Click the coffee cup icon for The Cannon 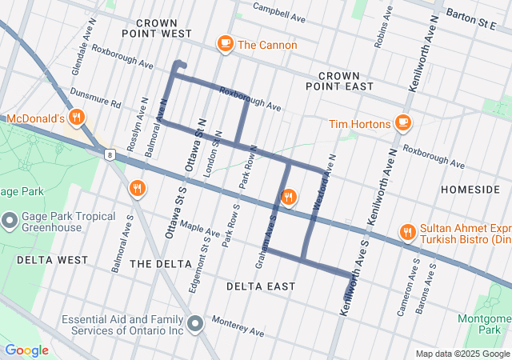point(225,45)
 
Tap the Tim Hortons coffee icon point(402,123)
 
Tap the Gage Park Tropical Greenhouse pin point(10,220)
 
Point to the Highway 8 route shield point(108,154)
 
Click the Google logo point(26,350)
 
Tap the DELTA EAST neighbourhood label point(260,286)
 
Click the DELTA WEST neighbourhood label point(51,260)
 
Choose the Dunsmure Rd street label point(95,98)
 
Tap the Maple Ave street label point(199,230)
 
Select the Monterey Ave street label point(238,326)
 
